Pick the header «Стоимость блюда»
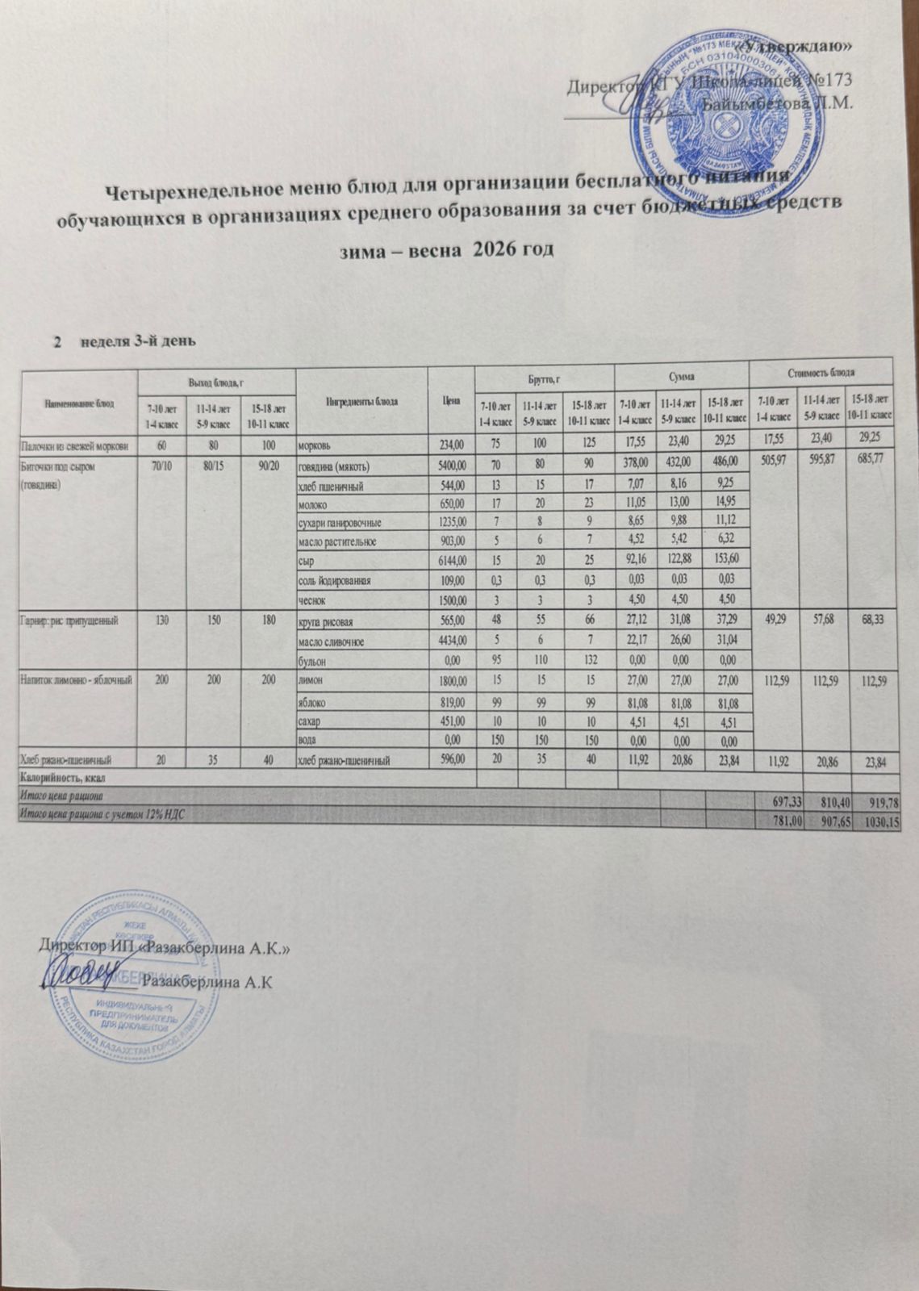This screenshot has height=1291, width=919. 820,372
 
